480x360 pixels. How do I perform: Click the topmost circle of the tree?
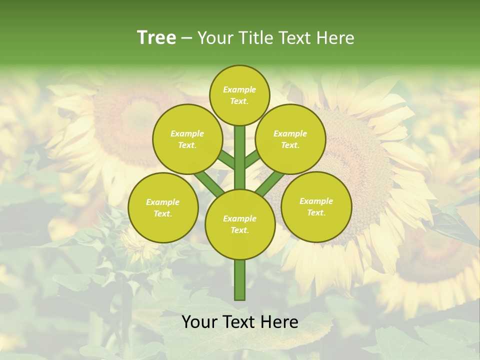tap(239, 95)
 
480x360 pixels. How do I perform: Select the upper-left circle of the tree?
tap(187, 139)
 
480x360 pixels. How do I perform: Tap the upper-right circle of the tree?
tap(290, 139)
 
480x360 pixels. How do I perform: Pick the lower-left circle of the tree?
tap(163, 207)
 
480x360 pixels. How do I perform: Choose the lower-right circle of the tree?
tap(316, 206)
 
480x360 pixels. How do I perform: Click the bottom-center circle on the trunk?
tap(240, 224)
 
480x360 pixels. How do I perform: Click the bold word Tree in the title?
tap(156, 37)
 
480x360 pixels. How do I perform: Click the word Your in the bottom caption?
tap(199, 322)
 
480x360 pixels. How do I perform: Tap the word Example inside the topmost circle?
tap(239, 89)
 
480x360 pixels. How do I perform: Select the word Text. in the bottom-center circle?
tap(239, 230)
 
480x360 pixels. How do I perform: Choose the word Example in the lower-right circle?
tap(316, 201)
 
